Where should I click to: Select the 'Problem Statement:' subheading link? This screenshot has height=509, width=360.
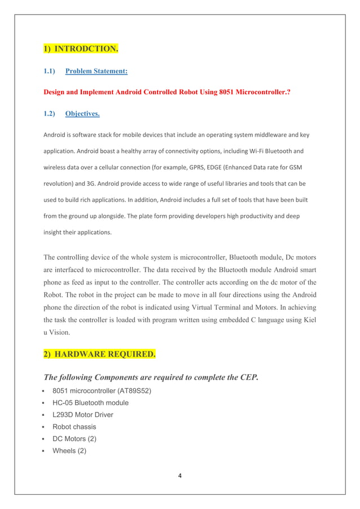[96, 71]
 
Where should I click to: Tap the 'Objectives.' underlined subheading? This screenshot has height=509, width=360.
[82, 113]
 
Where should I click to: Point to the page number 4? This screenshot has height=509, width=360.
[180, 476]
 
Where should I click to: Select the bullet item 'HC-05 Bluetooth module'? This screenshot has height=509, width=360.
[90, 403]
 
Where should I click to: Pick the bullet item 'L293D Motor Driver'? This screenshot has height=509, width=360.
[82, 415]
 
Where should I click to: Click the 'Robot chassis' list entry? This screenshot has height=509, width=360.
[74, 427]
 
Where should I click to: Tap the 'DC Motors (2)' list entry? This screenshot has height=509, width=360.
[74, 438]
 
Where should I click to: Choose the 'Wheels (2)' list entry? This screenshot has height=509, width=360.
[69, 450]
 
